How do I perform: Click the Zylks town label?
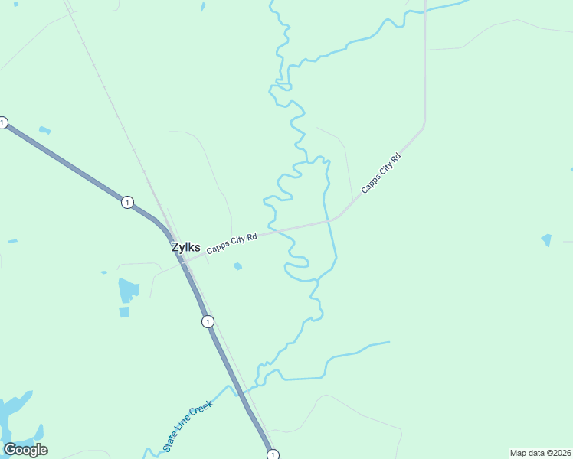pos(186,248)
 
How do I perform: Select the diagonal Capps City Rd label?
pos(381,173)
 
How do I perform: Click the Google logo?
pos(25,450)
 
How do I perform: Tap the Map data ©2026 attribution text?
pos(540,452)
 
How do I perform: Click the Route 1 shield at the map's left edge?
pos(3,122)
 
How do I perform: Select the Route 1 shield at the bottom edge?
pos(273,454)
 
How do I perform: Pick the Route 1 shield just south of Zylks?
pos(208,321)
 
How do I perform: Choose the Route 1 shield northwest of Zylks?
pos(127,202)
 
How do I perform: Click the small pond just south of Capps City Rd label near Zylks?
pos(237,266)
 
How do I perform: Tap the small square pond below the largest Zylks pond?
pos(124,312)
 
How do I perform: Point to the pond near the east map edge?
pos(546,240)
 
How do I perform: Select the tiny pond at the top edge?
pos(203,6)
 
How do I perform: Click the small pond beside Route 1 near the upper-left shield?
pos(44,130)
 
